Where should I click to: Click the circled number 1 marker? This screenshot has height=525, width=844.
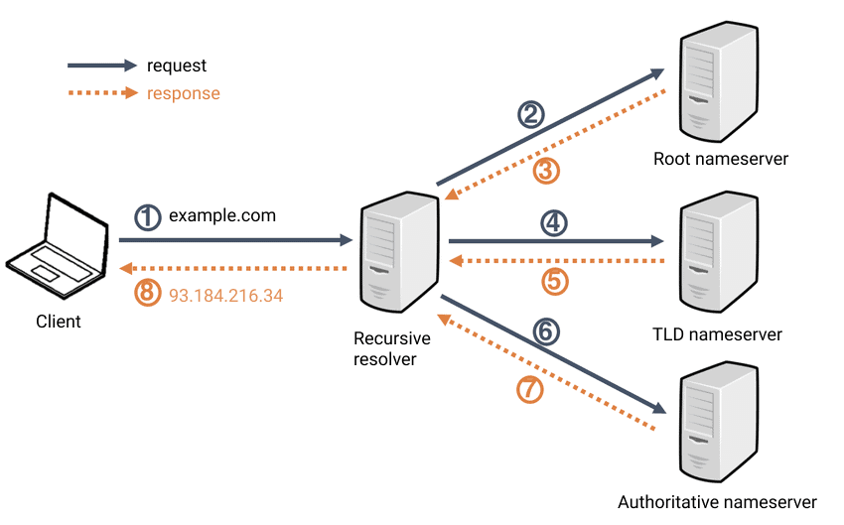click(148, 216)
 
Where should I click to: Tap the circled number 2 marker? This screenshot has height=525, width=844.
click(532, 115)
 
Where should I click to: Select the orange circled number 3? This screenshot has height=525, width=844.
click(547, 171)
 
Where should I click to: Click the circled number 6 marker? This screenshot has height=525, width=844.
click(545, 331)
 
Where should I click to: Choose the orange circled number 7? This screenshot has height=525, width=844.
click(531, 390)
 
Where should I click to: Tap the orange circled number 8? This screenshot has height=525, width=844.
click(148, 295)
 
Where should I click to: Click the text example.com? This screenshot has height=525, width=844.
click(222, 215)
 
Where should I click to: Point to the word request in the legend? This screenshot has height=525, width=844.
click(177, 66)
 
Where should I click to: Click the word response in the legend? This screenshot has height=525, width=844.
click(183, 94)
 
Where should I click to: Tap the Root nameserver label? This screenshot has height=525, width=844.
click(720, 159)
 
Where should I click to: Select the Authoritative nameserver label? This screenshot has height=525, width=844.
click(716, 502)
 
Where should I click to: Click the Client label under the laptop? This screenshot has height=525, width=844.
click(59, 322)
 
